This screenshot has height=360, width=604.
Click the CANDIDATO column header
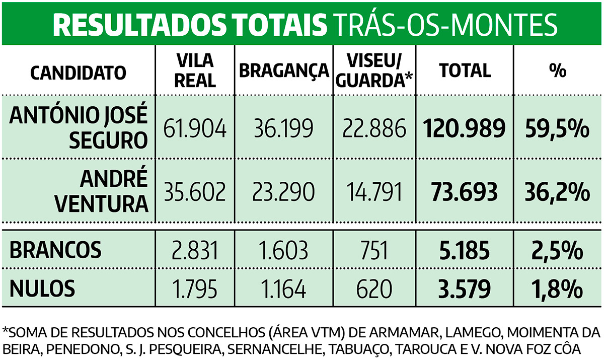tap(78, 71)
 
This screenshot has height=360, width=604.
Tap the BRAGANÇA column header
tap(284, 71)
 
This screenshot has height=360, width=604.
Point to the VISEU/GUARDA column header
tap(374, 71)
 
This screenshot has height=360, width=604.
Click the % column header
tap(557, 71)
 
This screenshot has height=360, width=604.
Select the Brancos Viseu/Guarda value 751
tap(374, 249)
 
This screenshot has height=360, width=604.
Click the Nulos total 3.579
tap(464, 289)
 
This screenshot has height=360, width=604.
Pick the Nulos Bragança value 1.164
tap(284, 289)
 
